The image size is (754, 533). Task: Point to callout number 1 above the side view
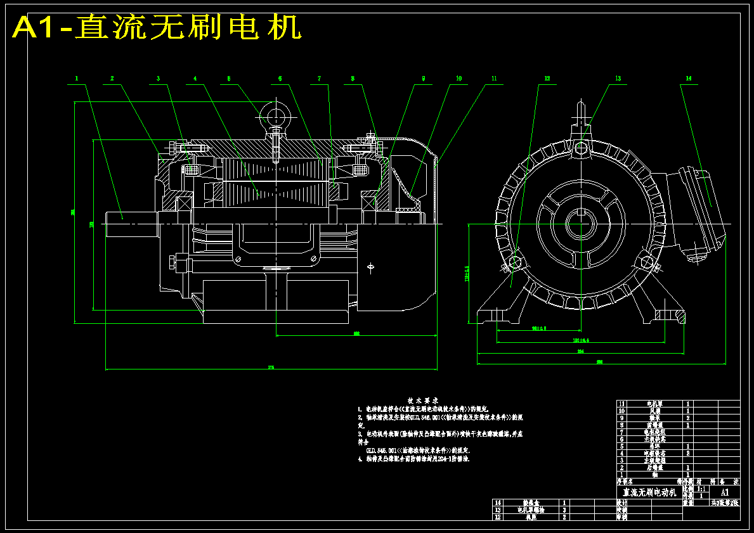76,79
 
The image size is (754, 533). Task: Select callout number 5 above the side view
229,79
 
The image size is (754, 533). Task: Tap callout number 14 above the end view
687,79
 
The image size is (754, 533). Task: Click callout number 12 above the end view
547,79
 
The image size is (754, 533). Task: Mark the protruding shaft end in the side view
131,224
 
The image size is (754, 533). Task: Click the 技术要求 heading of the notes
423,401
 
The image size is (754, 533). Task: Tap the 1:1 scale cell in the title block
701,489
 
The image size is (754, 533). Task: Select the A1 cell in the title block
725,492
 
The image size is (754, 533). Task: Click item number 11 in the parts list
621,404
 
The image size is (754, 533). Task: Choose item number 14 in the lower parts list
497,503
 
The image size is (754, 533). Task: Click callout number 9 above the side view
423,79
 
